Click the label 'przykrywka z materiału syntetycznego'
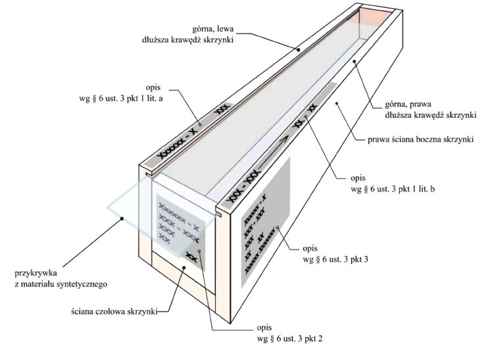(61, 278)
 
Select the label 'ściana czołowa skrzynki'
(114, 311)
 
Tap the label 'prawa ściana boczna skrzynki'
(421, 140)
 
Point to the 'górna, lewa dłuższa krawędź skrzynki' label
(188, 34)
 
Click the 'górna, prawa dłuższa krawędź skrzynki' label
(431, 109)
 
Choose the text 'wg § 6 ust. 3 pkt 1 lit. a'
(121, 99)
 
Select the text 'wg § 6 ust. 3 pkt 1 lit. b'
(393, 189)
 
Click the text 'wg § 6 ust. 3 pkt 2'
(289, 338)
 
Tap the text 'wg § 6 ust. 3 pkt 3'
(335, 259)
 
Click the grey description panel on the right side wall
(266, 222)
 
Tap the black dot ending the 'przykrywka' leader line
(122, 219)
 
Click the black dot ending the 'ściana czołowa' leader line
(183, 267)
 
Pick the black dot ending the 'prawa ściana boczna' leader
(337, 102)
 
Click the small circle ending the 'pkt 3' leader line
(278, 228)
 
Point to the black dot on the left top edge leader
(298, 49)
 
